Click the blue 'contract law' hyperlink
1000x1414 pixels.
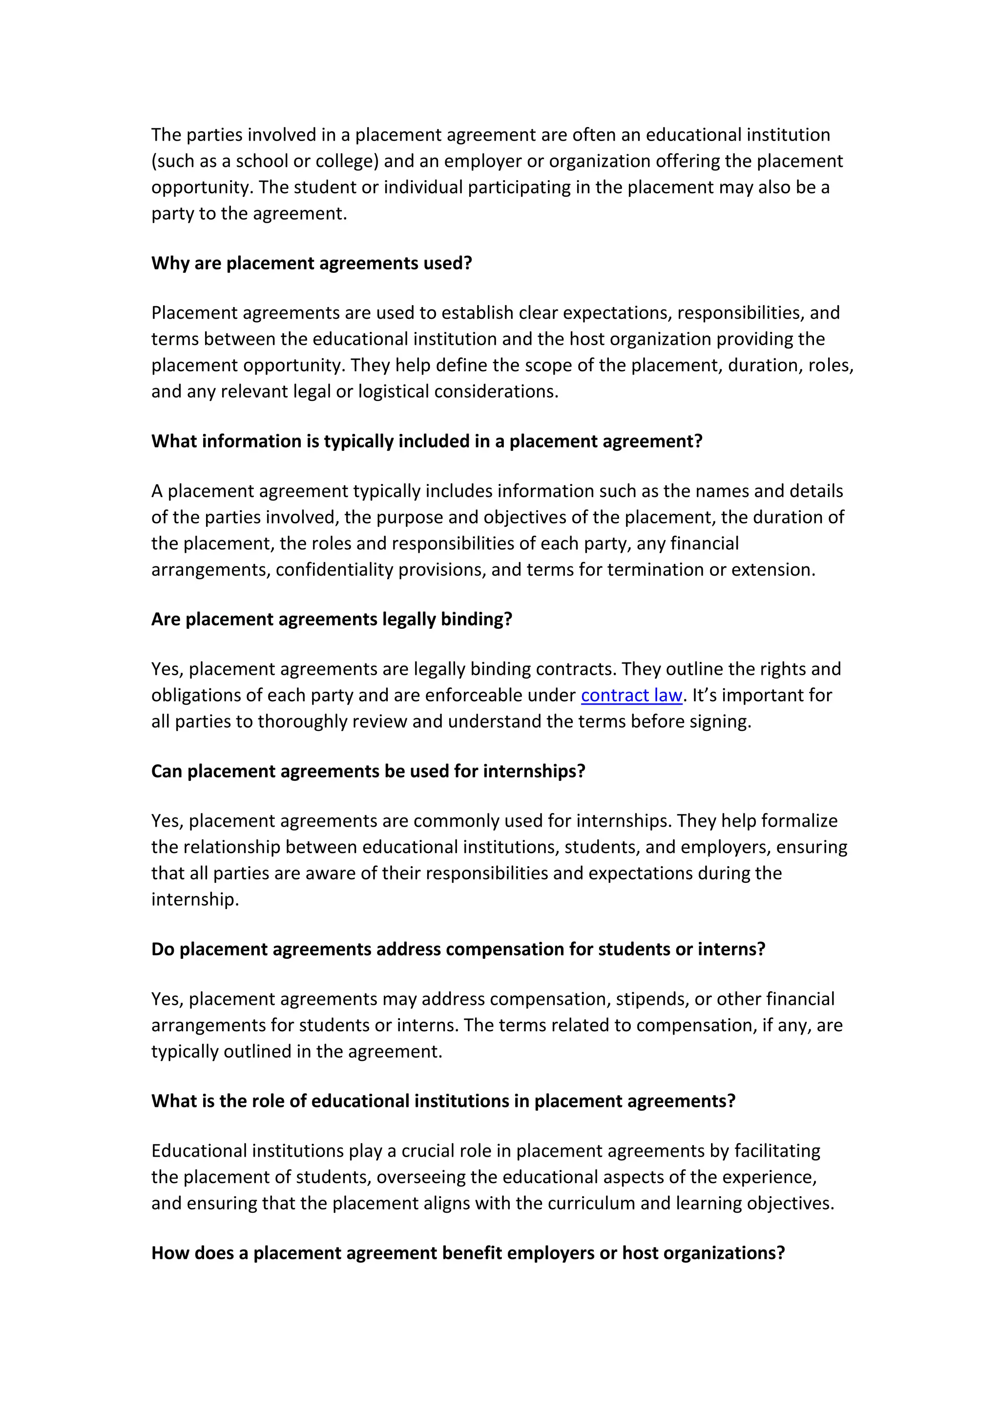click(x=631, y=695)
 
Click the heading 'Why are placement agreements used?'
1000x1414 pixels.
click(x=312, y=263)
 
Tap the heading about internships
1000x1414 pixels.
click(x=368, y=771)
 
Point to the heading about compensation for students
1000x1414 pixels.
click(x=458, y=949)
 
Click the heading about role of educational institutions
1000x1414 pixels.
click(x=443, y=1101)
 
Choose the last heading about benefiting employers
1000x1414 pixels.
click(x=468, y=1253)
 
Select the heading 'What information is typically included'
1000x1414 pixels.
click(x=427, y=441)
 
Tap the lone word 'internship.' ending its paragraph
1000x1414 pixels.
click(x=195, y=899)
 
